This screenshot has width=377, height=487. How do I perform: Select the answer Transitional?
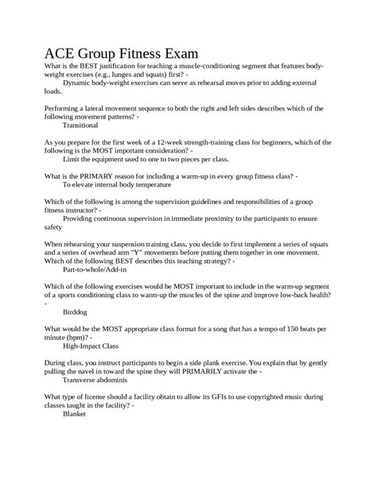point(80,125)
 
